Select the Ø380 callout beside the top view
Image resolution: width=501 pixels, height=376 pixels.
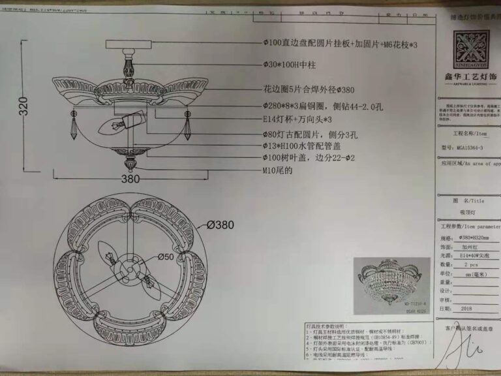(220, 225)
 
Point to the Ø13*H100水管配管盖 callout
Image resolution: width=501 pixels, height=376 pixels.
(309, 146)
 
